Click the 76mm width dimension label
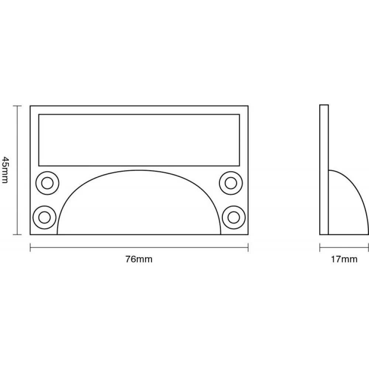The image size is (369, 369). tap(139, 259)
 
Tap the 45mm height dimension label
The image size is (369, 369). tap(5, 170)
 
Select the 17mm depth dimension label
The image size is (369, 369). tap(344, 259)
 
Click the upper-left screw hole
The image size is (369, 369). tap(47, 183)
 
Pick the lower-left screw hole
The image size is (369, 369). tap(45, 217)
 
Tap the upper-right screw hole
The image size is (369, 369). tap(231, 183)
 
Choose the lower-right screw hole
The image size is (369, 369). tap(234, 217)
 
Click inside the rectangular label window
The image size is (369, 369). tap(139, 139)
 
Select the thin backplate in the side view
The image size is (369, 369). tap(324, 170)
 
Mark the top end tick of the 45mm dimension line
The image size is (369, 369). tap(15, 106)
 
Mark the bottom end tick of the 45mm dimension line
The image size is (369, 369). tap(15, 234)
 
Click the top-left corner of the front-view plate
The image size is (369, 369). tap(30, 106)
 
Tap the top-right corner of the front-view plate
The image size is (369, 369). tap(248, 106)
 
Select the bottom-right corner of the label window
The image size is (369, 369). tap(239, 165)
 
